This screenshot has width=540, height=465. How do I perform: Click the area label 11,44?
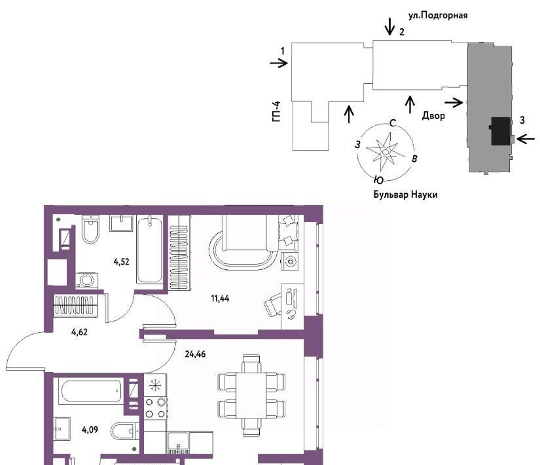(x=220, y=299)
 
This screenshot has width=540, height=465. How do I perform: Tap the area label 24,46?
(x=195, y=354)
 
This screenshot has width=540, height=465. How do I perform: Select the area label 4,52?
(x=121, y=261)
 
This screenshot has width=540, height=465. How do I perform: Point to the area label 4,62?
(x=79, y=332)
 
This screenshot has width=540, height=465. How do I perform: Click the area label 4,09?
(x=90, y=430)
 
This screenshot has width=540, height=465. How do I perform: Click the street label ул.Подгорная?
(x=438, y=16)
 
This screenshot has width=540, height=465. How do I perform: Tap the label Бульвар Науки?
(x=405, y=195)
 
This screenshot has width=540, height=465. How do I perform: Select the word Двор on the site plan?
(x=433, y=116)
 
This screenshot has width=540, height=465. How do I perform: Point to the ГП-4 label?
(x=276, y=111)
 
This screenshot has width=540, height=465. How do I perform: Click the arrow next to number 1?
(x=279, y=63)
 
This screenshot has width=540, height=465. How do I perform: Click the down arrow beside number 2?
(x=390, y=27)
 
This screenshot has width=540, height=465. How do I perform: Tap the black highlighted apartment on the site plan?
(x=500, y=131)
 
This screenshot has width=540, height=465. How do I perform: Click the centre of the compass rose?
(x=386, y=152)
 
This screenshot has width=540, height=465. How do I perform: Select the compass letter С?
(x=393, y=123)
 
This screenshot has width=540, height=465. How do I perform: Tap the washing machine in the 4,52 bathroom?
(x=87, y=280)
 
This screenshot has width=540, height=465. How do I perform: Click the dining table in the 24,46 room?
(x=251, y=395)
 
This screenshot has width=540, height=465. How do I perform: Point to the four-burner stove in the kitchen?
(x=155, y=408)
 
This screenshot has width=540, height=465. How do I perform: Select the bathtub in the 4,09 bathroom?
(x=91, y=391)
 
